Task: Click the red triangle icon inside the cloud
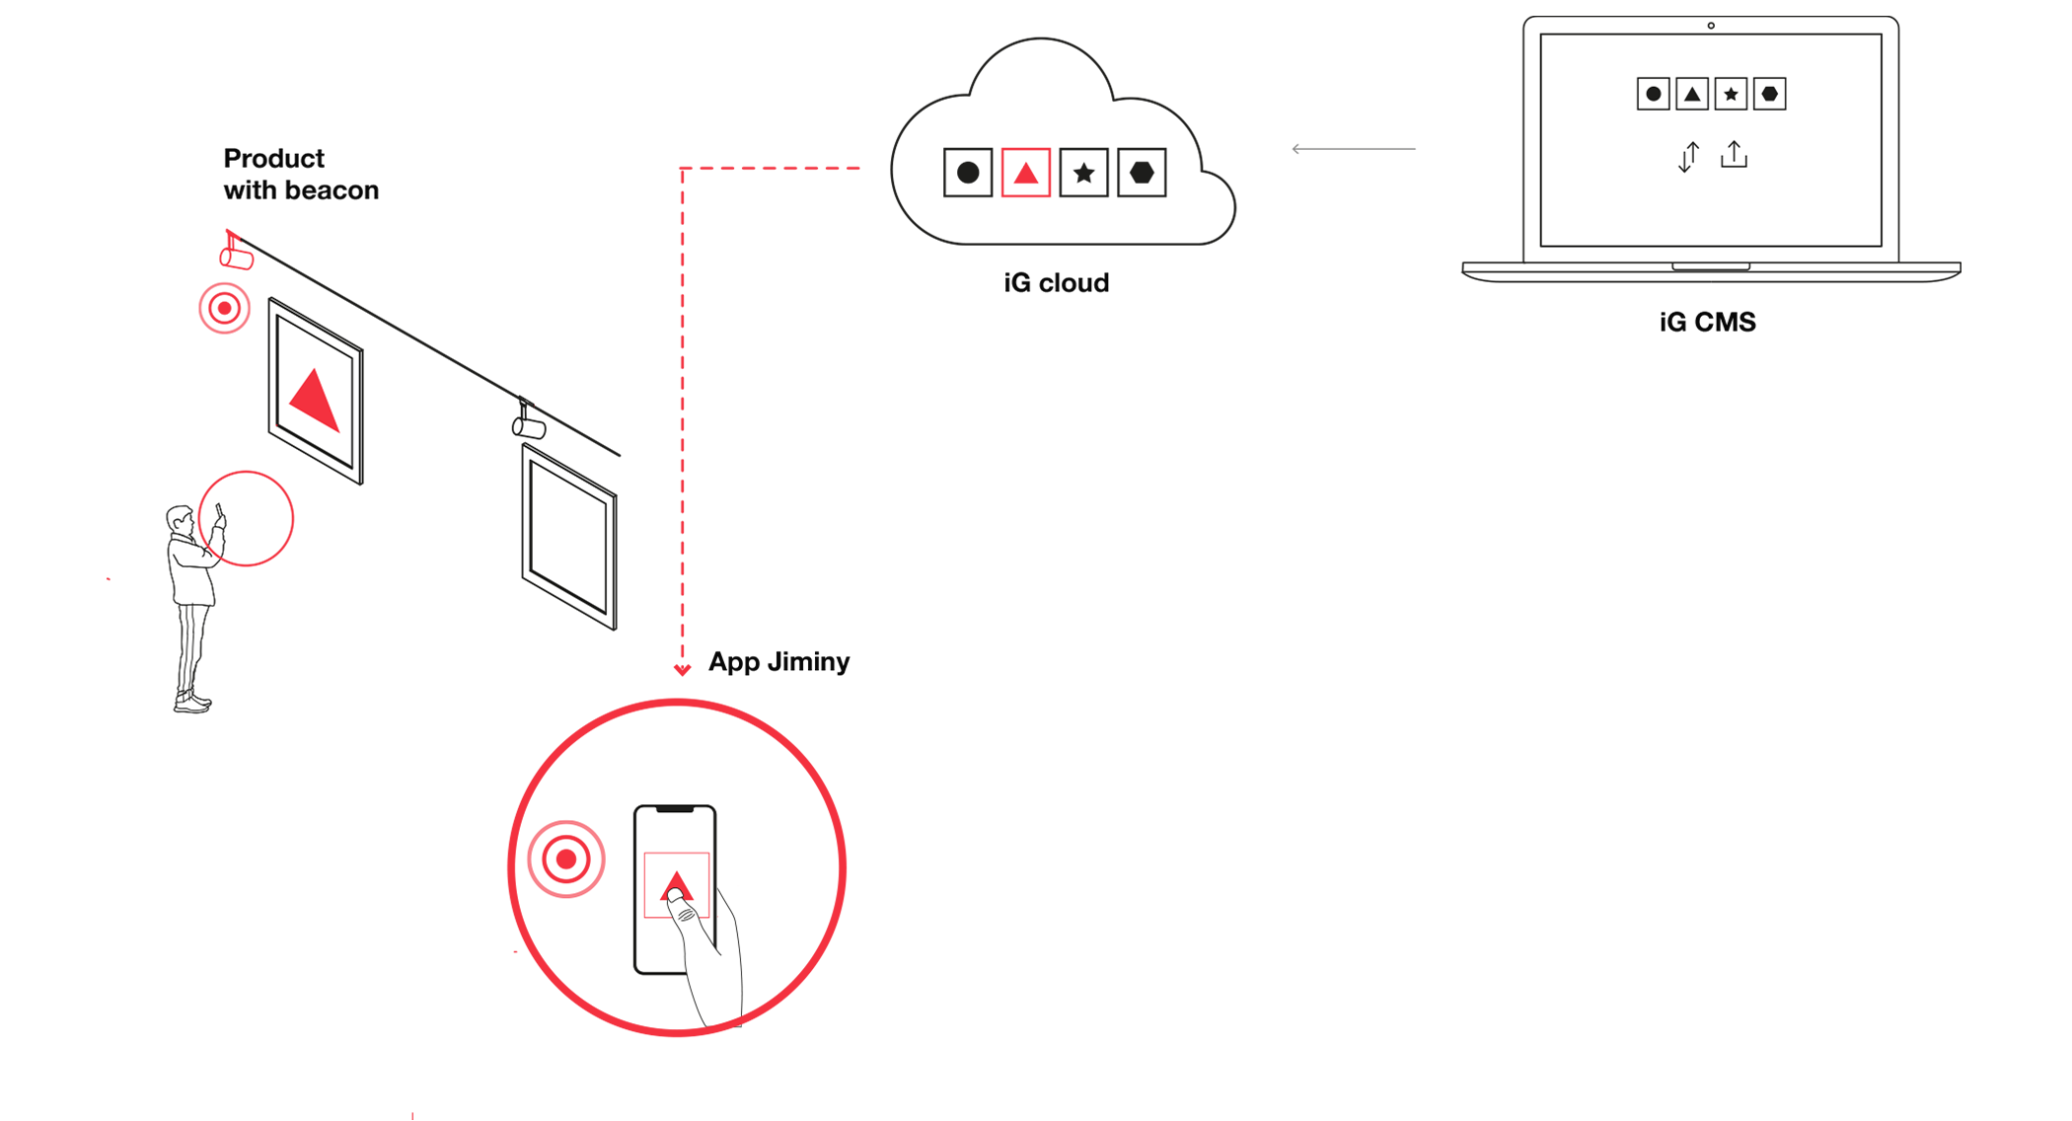pos(1026,174)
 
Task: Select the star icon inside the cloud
pos(1083,174)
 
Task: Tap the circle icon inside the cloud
pos(968,174)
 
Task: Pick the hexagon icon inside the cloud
pos(1142,174)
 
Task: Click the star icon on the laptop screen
pos(1731,95)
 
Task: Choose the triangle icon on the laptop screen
pos(1692,95)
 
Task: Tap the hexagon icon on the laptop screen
pos(1770,95)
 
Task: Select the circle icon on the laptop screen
pos(1654,95)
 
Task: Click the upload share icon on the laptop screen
pos(1734,155)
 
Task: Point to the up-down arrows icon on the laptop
pos(1688,157)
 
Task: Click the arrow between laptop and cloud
pos(1353,149)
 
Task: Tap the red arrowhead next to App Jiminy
pos(682,670)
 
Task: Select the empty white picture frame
pos(569,537)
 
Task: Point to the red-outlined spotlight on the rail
pos(235,253)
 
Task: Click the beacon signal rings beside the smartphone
pos(565,859)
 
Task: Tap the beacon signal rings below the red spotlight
pos(225,309)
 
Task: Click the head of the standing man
pos(180,520)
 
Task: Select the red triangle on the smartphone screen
pos(676,884)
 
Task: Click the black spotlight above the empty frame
pos(529,424)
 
